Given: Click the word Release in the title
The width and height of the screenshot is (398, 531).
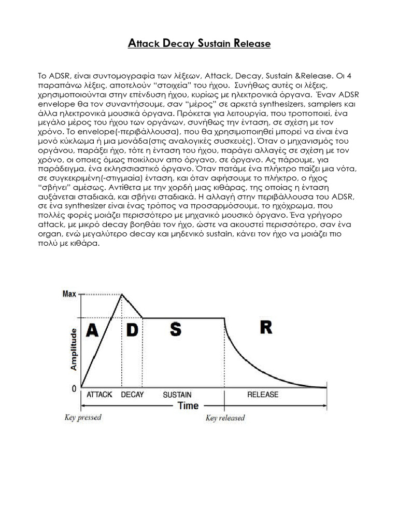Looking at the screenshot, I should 252,44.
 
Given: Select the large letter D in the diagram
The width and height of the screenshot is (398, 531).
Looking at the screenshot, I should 133,330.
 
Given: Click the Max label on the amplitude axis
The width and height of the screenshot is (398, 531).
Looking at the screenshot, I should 69,294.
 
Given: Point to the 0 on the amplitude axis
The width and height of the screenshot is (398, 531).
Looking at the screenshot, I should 74,387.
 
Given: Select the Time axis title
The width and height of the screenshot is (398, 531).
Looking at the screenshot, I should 188,406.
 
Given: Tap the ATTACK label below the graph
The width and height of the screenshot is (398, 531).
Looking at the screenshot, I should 99,395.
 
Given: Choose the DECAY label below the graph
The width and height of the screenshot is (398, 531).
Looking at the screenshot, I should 132,395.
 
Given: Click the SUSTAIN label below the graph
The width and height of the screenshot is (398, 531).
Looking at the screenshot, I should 177,395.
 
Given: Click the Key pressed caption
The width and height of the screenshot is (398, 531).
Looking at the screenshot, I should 83,417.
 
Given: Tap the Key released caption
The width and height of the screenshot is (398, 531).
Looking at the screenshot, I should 225,418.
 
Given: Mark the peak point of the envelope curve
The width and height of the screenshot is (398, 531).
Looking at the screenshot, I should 122,294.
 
